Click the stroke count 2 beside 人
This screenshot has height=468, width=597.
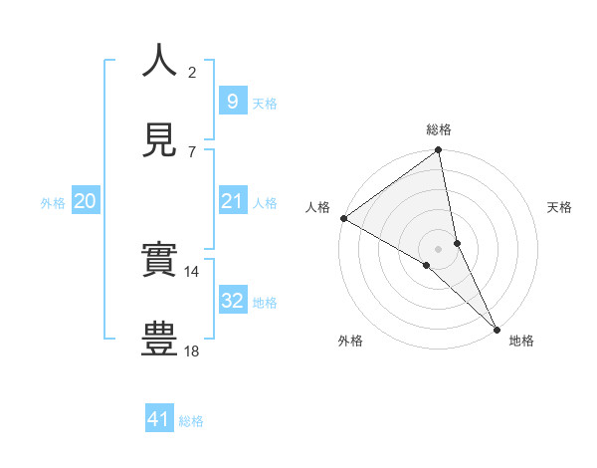192,72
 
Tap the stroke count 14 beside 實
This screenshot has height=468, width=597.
192,271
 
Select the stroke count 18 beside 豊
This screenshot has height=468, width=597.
192,351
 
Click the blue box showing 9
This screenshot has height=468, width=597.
232,102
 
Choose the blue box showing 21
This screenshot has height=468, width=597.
232,202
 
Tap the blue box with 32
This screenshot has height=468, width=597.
232,302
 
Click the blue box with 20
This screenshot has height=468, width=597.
85,202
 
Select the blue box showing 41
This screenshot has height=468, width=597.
159,420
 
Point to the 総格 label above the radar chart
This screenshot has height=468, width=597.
439,129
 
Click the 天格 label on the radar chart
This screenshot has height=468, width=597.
559,207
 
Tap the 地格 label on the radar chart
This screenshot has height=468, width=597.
521,341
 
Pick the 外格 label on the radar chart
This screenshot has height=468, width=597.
350,341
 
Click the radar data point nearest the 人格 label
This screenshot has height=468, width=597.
343,218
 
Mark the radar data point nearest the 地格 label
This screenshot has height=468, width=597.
497,328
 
